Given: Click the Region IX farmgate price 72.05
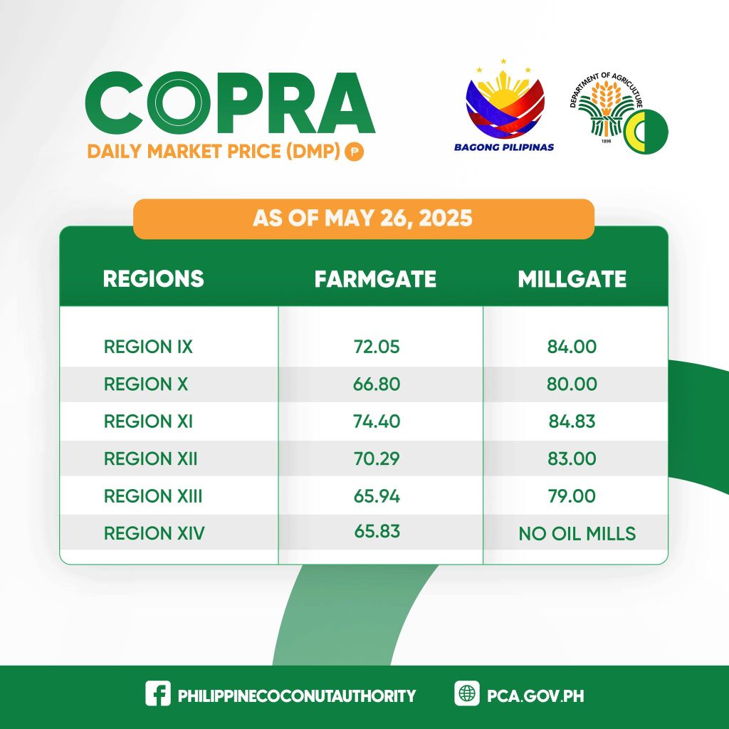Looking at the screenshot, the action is point(376,347).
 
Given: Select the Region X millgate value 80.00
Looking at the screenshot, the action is point(572,384).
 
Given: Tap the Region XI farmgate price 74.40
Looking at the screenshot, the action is point(376,421).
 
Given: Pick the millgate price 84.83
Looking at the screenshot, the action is point(572,421).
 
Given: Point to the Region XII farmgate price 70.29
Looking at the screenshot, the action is point(376,458).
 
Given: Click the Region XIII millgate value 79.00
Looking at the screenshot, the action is point(572,496).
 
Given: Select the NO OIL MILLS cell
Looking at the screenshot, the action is point(577,534).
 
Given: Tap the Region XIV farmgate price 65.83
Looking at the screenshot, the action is point(377,531).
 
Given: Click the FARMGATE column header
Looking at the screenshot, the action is point(375,279).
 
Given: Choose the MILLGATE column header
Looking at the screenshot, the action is point(572,279).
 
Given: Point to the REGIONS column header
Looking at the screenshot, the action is point(154,279).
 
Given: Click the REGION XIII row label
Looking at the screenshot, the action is point(153,496).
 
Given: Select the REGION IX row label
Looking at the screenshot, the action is point(148,347).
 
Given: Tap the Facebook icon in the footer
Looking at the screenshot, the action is point(158,693).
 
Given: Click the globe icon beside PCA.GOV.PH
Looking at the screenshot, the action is point(467,693).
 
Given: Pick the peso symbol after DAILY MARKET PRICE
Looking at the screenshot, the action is point(355,152).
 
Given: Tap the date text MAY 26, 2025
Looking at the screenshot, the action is point(399,219).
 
